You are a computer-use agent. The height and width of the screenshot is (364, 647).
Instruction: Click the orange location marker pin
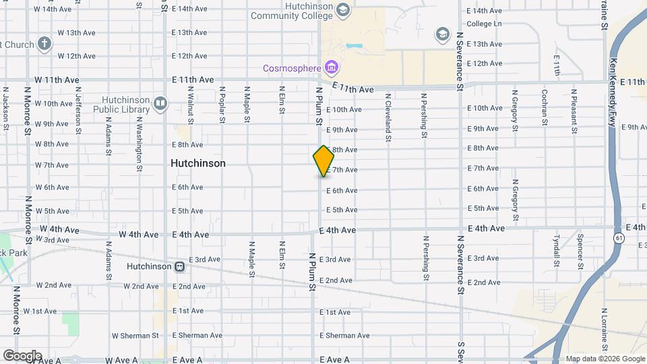pyautogui.click(x=323, y=161)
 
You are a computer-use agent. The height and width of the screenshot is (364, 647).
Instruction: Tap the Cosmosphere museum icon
pyautogui.click(x=331, y=67)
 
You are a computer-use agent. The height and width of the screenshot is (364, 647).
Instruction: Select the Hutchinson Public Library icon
pyautogui.click(x=160, y=103)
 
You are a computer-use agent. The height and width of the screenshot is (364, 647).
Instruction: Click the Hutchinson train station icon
pyautogui.click(x=179, y=266)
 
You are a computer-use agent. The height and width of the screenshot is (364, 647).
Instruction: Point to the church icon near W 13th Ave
pyautogui.click(x=44, y=44)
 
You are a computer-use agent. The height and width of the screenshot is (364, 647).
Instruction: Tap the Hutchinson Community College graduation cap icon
pyautogui.click(x=343, y=10)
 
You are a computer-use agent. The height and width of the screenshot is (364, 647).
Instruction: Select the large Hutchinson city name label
pyautogui.click(x=198, y=163)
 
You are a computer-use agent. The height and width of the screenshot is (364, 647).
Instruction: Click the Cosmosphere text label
pyautogui.click(x=291, y=68)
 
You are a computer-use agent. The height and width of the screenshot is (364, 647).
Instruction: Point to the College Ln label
pyautogui.click(x=484, y=24)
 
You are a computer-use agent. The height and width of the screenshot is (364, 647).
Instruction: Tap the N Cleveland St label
pyautogui.click(x=388, y=117)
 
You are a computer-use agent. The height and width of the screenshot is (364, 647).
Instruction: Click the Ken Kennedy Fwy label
pyautogui.click(x=613, y=82)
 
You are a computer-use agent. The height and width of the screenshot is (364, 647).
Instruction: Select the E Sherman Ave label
pyautogui.click(x=344, y=335)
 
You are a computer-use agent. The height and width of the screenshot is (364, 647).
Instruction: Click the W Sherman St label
pyautogui.click(x=135, y=335)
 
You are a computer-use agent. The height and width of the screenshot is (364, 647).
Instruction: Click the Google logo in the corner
pyautogui.click(x=22, y=356)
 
